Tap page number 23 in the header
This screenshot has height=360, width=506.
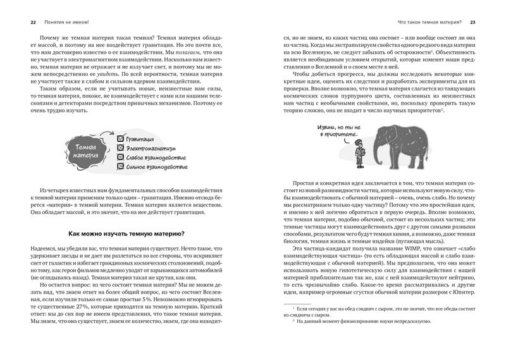coord(472,22)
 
